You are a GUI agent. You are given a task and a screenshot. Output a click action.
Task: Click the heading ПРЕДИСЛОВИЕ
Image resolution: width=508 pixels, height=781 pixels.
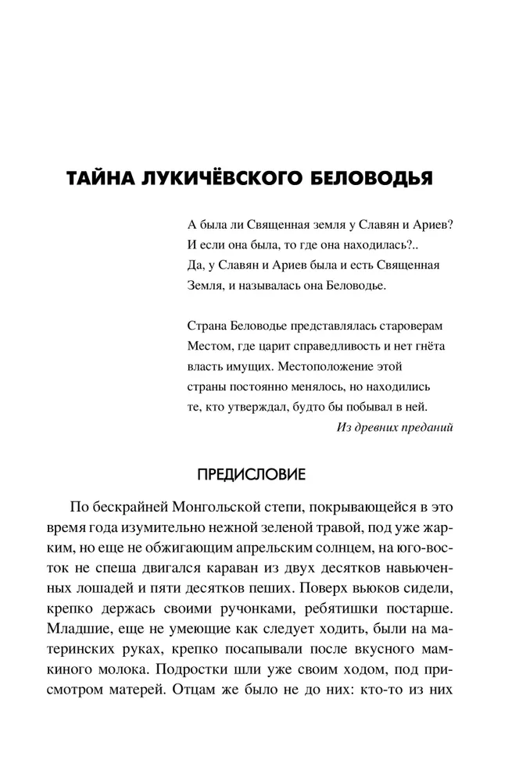254,474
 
